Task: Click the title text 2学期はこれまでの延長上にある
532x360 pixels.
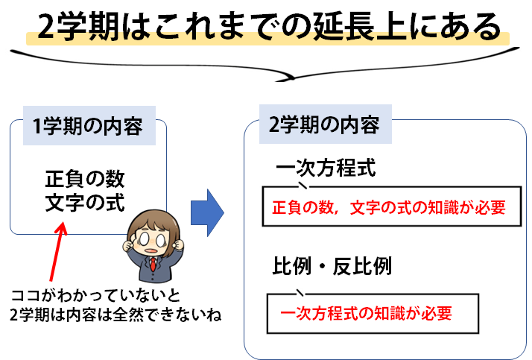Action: tap(269, 27)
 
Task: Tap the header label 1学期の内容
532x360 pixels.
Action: tap(87, 126)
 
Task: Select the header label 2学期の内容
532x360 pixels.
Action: tap(324, 124)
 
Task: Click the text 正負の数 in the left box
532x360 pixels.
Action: tap(85, 179)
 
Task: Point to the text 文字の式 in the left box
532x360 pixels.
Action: tap(85, 203)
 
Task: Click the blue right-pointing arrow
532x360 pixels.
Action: tap(207, 212)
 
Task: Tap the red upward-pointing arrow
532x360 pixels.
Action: tap(57, 251)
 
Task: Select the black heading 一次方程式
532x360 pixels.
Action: tap(326, 168)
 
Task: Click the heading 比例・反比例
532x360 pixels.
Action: tap(332, 265)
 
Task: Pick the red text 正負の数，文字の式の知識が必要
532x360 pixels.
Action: tap(389, 207)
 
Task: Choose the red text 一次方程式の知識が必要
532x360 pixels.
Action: tap(367, 313)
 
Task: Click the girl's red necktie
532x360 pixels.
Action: tap(153, 265)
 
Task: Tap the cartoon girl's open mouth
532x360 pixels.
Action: tap(151, 251)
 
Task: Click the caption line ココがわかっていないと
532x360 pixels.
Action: tap(95, 296)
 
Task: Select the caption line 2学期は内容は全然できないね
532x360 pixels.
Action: tap(115, 315)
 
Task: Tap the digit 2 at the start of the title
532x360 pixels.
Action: tap(45, 27)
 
